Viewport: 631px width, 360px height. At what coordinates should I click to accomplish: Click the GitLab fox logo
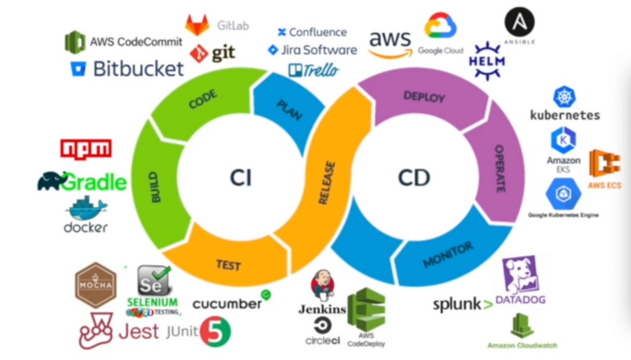tap(197, 25)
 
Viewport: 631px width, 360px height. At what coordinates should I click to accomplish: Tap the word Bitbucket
tap(138, 68)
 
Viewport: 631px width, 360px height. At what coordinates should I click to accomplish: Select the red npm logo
tap(86, 149)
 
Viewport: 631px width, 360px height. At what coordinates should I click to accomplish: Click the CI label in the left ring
tap(241, 178)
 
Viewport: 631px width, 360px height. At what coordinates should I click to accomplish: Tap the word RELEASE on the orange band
tap(327, 183)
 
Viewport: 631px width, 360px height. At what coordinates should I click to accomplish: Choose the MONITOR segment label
tap(448, 255)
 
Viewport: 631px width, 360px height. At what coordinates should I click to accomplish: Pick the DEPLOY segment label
tap(424, 97)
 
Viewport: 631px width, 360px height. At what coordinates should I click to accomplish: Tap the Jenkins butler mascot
tap(322, 284)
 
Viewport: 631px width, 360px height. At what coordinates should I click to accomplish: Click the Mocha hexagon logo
tap(96, 284)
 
